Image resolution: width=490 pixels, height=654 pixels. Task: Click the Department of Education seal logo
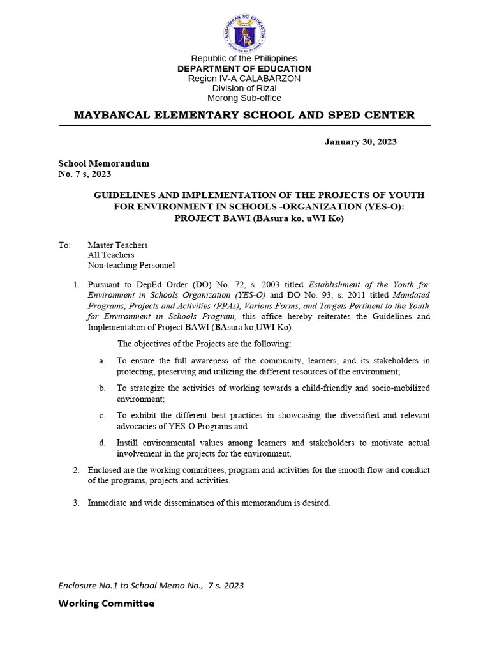[x=244, y=29]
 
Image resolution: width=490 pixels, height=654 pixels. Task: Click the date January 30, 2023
[x=360, y=141]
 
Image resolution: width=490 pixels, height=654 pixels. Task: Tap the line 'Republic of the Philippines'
[x=244, y=59]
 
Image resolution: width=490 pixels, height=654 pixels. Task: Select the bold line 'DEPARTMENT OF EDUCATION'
[x=244, y=68]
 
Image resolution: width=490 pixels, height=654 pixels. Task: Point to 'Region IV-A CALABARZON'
[x=244, y=78]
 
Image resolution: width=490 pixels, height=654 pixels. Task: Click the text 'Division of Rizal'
[x=244, y=88]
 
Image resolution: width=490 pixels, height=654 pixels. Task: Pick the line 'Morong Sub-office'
[x=244, y=98]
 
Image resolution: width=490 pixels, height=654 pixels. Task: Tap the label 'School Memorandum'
[x=104, y=163]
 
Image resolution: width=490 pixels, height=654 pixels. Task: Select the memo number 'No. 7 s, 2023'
[x=85, y=174]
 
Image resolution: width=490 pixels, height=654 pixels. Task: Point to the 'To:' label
[x=64, y=245]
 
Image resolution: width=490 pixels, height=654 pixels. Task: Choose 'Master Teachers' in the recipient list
[x=117, y=245]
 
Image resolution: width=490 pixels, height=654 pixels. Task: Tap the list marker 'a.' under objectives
[x=102, y=361]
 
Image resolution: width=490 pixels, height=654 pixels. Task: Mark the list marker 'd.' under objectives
[x=102, y=443]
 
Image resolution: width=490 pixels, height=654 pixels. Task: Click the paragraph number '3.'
[x=75, y=503]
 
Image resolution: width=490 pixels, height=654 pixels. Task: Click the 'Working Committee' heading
[x=106, y=603]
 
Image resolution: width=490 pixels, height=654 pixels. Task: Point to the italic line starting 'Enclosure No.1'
[x=151, y=585]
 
